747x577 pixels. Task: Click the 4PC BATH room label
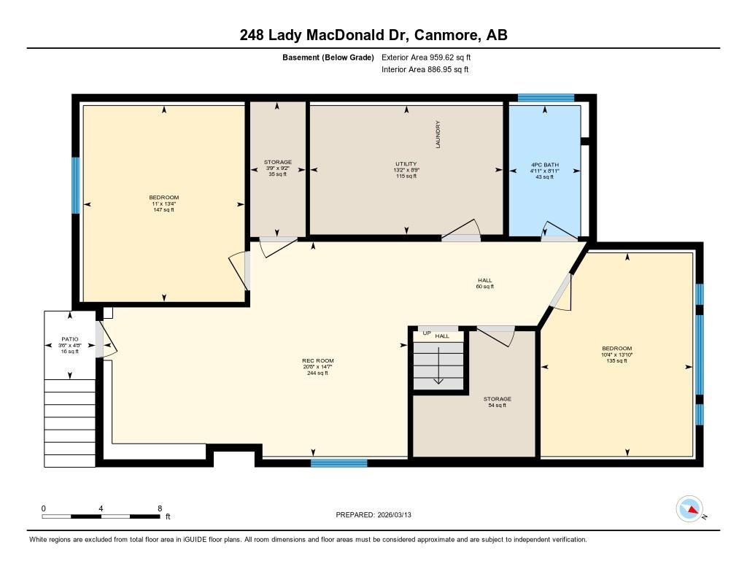point(544,165)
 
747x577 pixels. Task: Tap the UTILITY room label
point(406,164)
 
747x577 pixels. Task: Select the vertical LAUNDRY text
point(438,134)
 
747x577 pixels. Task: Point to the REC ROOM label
point(318,360)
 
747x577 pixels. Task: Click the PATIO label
point(69,339)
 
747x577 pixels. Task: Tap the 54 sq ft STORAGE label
point(498,399)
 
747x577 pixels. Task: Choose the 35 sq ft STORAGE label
point(278,162)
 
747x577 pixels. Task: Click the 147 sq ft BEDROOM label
point(164,197)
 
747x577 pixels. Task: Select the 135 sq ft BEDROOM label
point(616,348)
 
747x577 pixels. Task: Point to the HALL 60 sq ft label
point(485,284)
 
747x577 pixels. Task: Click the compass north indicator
point(690,509)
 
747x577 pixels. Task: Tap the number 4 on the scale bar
point(101,508)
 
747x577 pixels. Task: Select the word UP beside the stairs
point(427,333)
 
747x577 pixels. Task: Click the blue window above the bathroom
point(546,98)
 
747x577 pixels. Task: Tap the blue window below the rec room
point(339,462)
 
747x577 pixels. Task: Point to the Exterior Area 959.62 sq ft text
point(426,57)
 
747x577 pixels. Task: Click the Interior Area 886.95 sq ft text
point(425,69)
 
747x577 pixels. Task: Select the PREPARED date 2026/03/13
point(394,515)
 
